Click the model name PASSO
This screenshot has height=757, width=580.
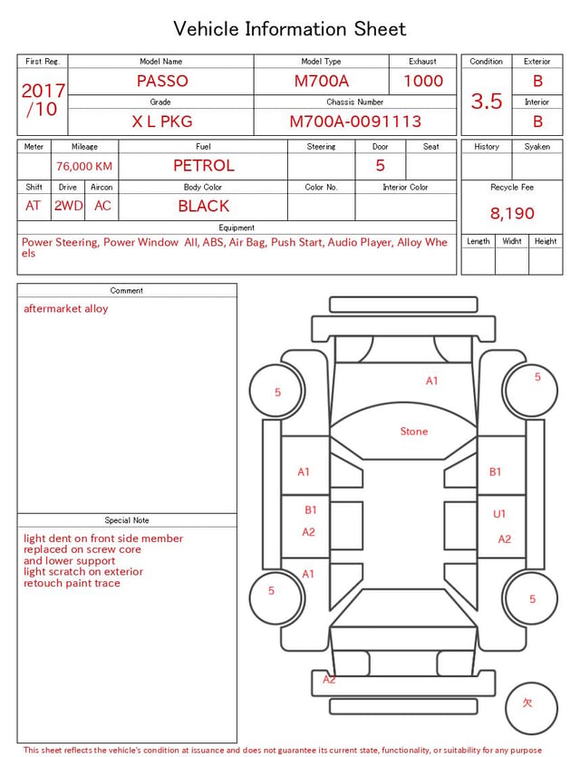tap(162, 81)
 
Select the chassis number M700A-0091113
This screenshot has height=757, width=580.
tap(355, 121)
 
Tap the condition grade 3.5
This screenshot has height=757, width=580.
tap(487, 101)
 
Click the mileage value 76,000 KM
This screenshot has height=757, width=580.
tap(84, 166)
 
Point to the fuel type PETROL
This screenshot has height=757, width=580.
tap(204, 166)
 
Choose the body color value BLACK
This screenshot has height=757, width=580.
tap(204, 206)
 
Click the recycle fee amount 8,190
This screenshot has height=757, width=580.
tap(512, 213)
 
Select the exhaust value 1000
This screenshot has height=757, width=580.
tap(423, 81)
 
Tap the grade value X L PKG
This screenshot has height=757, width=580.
tap(162, 121)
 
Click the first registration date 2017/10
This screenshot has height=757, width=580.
tap(43, 100)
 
